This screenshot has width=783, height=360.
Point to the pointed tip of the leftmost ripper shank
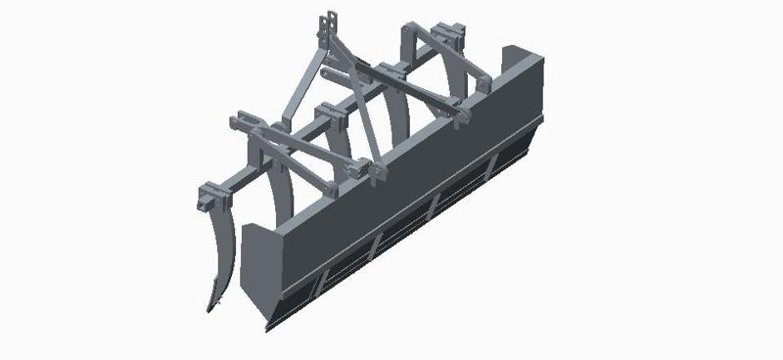(210, 309)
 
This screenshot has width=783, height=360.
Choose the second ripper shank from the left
(284, 196)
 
